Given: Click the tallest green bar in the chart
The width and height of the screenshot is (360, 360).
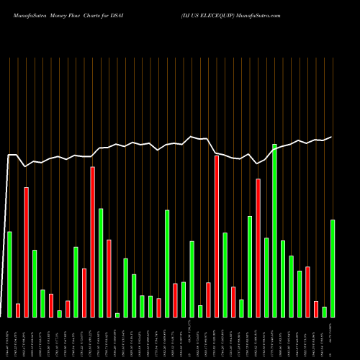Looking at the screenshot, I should coord(274,230).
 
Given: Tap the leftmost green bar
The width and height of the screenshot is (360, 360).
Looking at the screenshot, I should coord(9,274).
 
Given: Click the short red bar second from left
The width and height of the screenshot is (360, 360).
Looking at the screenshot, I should coord(18,310).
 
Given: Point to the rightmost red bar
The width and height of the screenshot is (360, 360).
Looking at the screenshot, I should coord(315,309).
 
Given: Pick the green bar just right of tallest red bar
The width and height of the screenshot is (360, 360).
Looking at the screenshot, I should coord(225,274).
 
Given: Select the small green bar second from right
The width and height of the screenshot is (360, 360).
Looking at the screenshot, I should coord(324,312).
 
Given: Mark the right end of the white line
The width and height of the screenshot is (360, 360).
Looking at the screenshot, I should coord(332,137).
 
